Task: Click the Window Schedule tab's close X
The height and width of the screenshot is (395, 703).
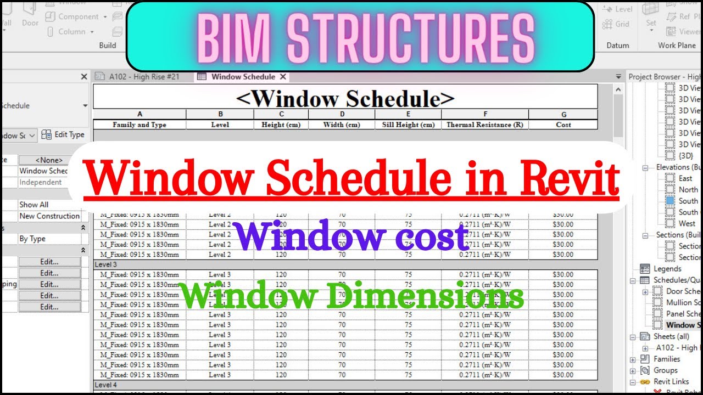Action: [283, 77]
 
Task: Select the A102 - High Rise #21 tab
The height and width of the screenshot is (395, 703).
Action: [144, 77]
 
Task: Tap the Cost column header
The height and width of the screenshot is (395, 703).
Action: [563, 125]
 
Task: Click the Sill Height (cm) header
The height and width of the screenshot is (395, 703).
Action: [408, 125]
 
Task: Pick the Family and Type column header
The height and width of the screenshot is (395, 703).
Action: [140, 125]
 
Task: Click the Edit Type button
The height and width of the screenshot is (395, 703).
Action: [63, 134]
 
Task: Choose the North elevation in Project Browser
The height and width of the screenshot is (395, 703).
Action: [688, 189]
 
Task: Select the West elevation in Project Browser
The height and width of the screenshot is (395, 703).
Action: [687, 223]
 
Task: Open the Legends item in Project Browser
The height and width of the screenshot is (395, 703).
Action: [667, 269]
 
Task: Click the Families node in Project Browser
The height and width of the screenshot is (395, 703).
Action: [667, 359]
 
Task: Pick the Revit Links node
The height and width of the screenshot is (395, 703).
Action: [671, 381]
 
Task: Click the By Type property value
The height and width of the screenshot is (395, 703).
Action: [32, 239]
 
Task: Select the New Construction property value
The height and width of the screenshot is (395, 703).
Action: [49, 216]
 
